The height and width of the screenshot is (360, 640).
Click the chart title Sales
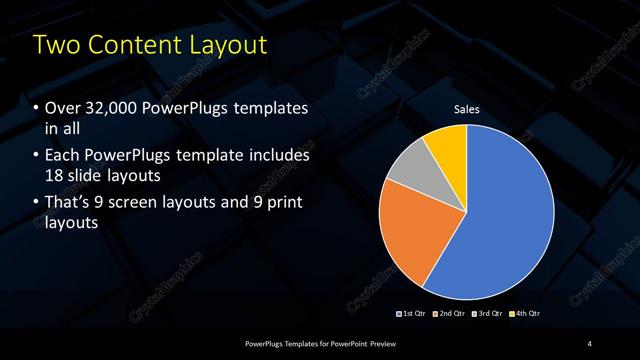pos(467,109)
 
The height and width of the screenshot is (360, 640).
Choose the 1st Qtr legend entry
pos(413,314)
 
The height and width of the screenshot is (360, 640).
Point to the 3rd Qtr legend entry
pos(489,314)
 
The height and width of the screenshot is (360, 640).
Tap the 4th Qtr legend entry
pos(527,314)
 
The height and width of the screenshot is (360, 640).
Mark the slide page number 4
pos(590,344)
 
